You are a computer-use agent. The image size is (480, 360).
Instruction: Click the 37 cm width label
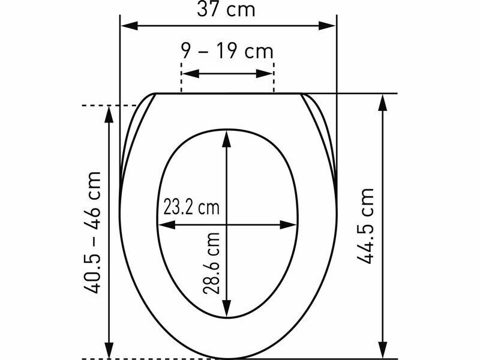[226, 9]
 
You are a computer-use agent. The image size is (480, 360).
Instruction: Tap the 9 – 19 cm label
[227, 50]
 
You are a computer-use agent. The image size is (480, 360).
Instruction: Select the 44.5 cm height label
[365, 226]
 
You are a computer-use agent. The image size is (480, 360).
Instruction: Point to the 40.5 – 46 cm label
[92, 233]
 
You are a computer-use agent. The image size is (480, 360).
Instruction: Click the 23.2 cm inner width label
[191, 207]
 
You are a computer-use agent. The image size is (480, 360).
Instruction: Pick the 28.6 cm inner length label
[211, 263]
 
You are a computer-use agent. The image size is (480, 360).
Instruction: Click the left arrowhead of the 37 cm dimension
[130, 26]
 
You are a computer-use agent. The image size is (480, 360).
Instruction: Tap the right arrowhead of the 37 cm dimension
[327, 26]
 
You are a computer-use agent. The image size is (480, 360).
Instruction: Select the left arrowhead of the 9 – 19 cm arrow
[191, 73]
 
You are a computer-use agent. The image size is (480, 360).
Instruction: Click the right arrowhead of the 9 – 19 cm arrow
[264, 73]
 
